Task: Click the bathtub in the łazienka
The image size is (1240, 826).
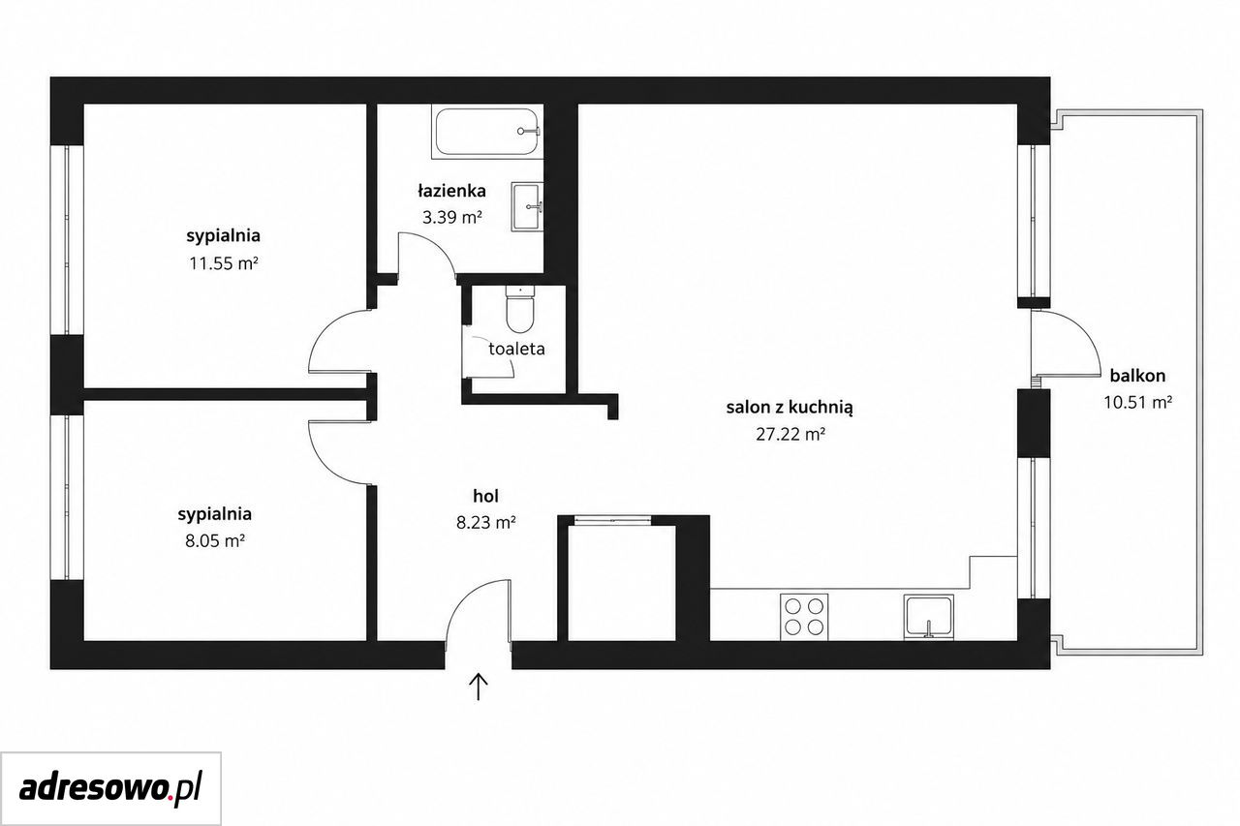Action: (x=486, y=132)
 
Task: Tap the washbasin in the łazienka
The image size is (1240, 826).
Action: (x=527, y=207)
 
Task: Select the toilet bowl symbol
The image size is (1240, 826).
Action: (x=520, y=308)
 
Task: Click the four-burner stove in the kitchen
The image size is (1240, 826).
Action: (x=804, y=617)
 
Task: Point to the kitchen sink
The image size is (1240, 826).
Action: (x=928, y=618)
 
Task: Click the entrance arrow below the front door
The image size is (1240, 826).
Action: (x=479, y=686)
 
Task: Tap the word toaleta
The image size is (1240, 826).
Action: (x=516, y=349)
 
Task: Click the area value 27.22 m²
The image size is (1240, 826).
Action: (x=790, y=434)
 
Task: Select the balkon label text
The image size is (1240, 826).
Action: (x=1137, y=376)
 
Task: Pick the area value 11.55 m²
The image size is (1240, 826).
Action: (x=224, y=263)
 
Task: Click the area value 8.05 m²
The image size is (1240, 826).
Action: (x=215, y=540)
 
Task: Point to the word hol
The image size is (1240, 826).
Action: (x=485, y=496)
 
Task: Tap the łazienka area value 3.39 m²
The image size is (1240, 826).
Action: (x=451, y=218)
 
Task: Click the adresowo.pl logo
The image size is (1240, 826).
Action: (x=110, y=788)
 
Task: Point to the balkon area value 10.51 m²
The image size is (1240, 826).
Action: (x=1137, y=402)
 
